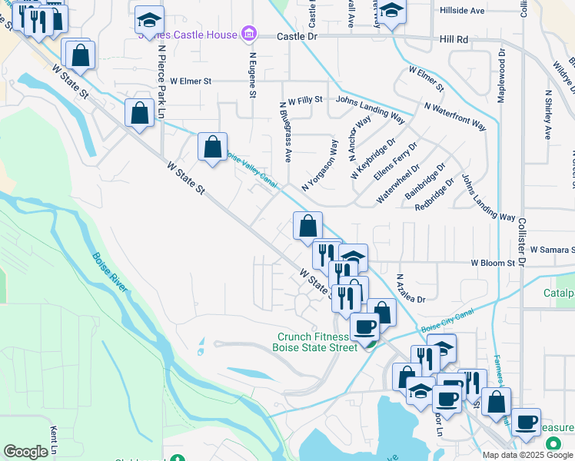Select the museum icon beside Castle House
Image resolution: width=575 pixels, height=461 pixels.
248,35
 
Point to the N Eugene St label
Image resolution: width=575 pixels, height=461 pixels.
252,74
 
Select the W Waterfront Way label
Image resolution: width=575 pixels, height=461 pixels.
455,115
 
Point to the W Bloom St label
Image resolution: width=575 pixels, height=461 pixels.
493,263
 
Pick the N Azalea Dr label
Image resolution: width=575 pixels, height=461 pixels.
407,288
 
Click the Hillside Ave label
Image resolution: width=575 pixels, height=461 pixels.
462,11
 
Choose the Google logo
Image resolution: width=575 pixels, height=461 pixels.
26,452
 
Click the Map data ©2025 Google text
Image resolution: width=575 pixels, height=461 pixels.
527,455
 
